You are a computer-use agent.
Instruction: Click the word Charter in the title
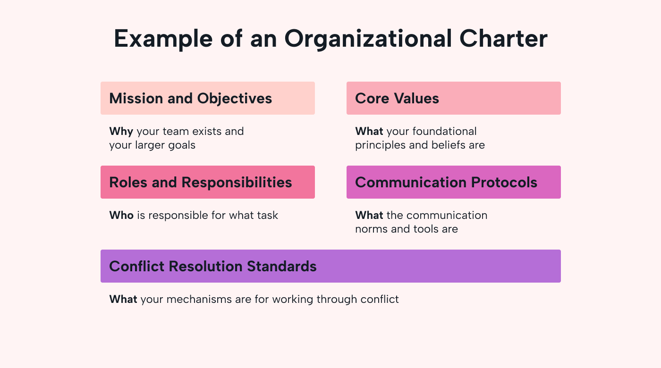503,39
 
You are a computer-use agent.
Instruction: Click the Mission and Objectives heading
190,99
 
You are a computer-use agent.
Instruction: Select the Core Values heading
397,99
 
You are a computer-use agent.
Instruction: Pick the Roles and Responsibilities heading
201,183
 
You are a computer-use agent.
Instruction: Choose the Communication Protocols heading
446,182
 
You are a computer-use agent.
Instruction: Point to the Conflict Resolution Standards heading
213,266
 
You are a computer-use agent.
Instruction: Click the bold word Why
121,132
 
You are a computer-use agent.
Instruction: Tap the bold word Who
121,215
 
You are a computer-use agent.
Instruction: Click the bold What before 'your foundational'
369,131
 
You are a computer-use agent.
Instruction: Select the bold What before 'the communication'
369,215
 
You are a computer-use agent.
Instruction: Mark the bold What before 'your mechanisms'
123,299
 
